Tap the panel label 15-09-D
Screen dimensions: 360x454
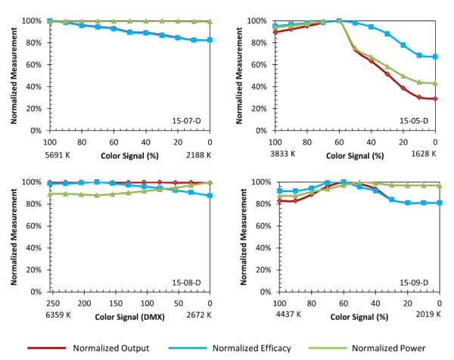pos(416,281)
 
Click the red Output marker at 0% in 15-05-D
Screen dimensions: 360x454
pos(435,98)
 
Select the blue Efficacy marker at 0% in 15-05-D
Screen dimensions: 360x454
pos(435,57)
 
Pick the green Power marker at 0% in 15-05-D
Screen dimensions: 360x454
pos(435,83)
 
